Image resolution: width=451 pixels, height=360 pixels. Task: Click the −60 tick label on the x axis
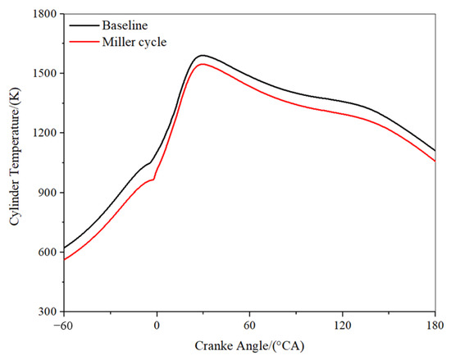tap(63, 324)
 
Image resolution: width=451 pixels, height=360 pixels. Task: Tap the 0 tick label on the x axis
tap(157, 324)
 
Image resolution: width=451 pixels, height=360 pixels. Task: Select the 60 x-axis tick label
tap(249, 324)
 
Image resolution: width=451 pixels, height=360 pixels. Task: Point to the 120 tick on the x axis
tap(342, 324)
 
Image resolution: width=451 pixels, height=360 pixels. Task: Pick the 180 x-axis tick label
tap(435, 324)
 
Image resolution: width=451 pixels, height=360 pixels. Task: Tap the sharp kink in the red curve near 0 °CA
tap(153, 179)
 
